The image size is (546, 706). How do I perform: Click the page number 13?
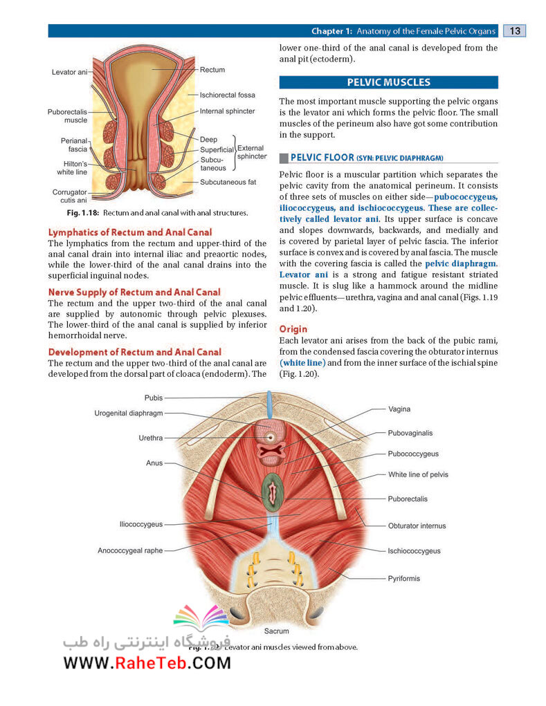click(514, 30)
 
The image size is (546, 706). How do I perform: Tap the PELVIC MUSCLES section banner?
click(388, 82)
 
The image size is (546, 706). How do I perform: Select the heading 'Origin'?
click(293, 329)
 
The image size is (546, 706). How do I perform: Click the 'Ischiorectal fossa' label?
click(228, 95)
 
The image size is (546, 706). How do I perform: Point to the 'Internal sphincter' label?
click(227, 111)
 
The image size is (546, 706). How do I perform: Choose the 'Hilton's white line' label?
click(72, 168)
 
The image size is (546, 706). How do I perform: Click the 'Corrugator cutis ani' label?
click(70, 196)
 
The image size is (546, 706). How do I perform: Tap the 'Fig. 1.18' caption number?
click(83, 213)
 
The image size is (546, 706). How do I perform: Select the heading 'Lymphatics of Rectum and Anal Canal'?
click(130, 232)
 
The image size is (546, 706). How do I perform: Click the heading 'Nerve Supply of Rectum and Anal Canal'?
click(134, 292)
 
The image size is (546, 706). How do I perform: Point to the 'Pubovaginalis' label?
click(410, 433)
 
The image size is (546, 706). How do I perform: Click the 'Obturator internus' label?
click(417, 526)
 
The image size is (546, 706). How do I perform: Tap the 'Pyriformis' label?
click(403, 579)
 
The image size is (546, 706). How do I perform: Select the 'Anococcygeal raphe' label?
click(130, 550)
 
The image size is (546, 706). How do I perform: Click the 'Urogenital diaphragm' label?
click(129, 414)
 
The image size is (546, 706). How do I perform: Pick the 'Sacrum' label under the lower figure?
click(276, 631)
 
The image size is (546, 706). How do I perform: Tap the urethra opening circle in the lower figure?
click(271, 437)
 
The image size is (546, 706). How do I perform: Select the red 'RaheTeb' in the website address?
click(151, 663)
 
